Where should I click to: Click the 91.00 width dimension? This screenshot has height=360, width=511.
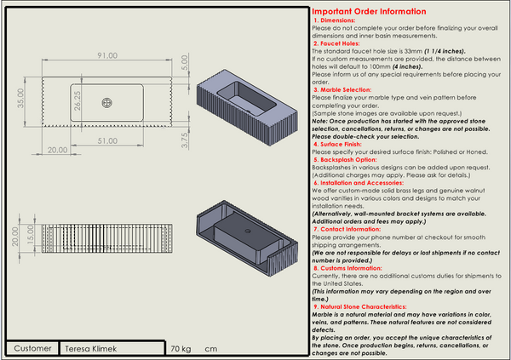pyautogui.click(x=106, y=56)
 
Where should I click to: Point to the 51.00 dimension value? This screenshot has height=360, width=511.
pyautogui.click(x=108, y=140)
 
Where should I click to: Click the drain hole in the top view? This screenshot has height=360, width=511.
pyautogui.click(x=107, y=103)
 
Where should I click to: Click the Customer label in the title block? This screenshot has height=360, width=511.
pyautogui.click(x=33, y=349)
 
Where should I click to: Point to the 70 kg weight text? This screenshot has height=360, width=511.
pyautogui.click(x=180, y=349)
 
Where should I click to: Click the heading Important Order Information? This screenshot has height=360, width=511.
pyautogui.click(x=370, y=12)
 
